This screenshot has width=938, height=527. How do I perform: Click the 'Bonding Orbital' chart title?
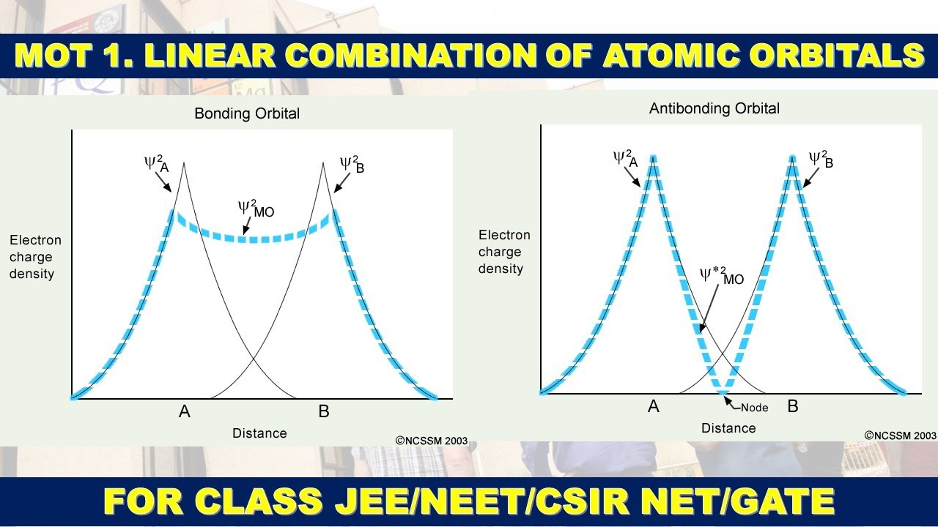click(247, 113)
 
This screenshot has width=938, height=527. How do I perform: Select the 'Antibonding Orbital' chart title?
click(714, 108)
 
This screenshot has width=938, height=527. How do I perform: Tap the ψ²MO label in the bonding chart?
click(256, 209)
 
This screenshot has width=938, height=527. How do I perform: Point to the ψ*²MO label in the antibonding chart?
click(721, 276)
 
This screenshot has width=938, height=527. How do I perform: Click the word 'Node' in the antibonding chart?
click(754, 408)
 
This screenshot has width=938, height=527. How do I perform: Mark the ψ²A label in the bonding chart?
click(157, 163)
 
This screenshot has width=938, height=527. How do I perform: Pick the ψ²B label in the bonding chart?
click(352, 164)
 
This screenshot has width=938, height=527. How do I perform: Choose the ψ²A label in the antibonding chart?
click(626, 158)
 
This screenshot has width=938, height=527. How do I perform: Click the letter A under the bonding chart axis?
click(185, 412)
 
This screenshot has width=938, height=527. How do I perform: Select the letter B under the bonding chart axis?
click(324, 412)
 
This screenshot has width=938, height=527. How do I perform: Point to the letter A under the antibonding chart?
click(654, 406)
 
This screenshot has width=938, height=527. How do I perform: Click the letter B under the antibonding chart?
click(793, 406)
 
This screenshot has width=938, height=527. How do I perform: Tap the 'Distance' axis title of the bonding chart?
click(259, 433)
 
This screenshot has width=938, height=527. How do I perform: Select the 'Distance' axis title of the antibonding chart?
click(728, 428)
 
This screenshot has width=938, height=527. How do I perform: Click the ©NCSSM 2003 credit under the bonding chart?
click(432, 441)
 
